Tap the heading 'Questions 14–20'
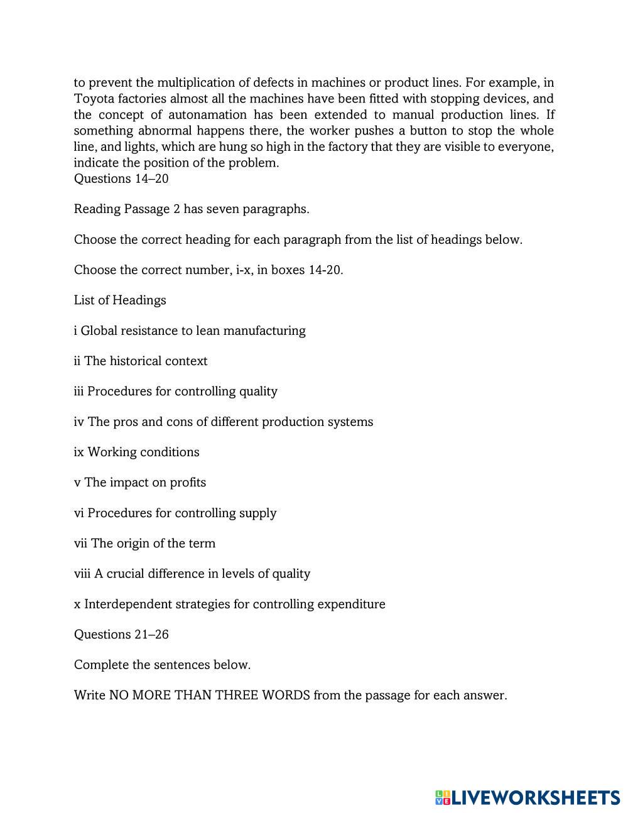[121, 178]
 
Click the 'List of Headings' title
[120, 300]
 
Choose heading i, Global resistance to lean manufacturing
[190, 330]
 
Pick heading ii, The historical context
[141, 361]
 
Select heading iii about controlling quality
[175, 391]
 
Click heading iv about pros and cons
[223, 422]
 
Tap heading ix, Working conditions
[136, 452]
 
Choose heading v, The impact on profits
[140, 483]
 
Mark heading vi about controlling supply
[175, 513]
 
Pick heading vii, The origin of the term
[144, 543]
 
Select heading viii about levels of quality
[192, 574]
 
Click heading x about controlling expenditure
[229, 604]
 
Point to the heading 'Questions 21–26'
[121, 635]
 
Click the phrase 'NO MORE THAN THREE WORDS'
[209, 696]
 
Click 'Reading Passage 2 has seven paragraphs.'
[192, 209]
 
